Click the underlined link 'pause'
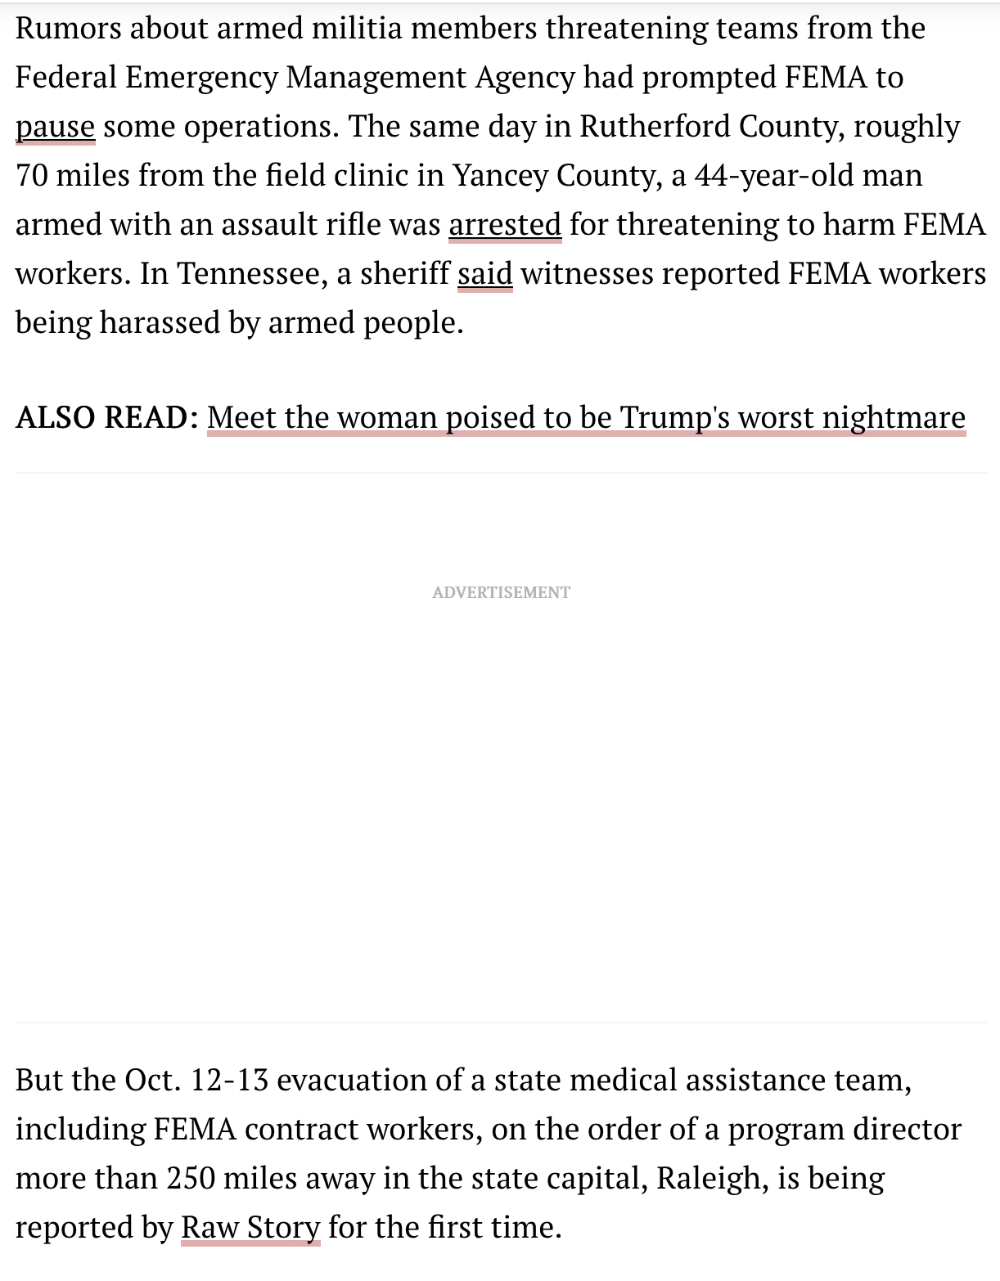coord(55,128)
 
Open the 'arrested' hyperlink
coord(505,224)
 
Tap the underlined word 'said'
coord(484,273)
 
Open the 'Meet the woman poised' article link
coord(586,417)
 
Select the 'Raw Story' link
coord(250,1227)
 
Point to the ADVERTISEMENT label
coord(501,592)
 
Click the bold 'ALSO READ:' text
coord(107,417)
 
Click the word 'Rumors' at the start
coord(68,29)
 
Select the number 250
coord(190,1178)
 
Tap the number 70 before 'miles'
coord(32,175)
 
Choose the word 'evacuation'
coord(352,1080)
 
